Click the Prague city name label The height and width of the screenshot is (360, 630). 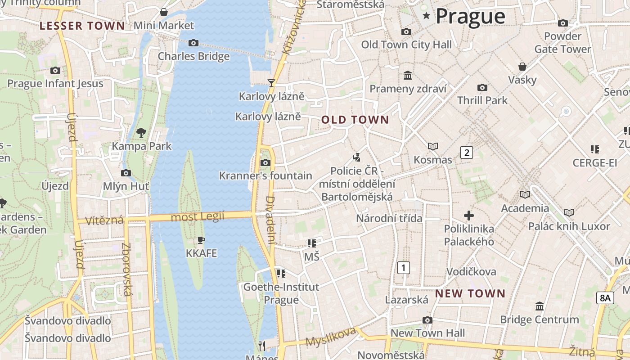coord(470,16)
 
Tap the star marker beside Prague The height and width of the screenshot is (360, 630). coord(426,16)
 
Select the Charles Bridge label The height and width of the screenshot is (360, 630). coord(193,56)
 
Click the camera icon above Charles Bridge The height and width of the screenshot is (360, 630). coord(193,43)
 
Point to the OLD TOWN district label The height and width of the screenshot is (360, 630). coord(355,120)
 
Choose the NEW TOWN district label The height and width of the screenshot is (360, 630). coord(470,294)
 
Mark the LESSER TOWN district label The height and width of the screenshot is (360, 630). coord(82,26)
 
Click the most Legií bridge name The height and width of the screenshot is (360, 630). coord(198,217)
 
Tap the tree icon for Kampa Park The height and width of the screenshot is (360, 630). coord(141,132)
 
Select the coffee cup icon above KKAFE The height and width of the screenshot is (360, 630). coord(201,240)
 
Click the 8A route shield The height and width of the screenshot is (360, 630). coord(605,297)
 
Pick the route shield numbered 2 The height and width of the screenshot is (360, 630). coord(467,153)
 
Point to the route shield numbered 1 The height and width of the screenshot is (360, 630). coord(404,268)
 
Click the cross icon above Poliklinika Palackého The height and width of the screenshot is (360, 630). coord(469,216)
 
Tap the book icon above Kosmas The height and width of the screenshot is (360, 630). coord(432,146)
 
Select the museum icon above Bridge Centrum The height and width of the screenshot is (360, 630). coord(539,306)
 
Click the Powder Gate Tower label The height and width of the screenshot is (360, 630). coord(562,42)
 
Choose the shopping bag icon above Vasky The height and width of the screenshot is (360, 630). coord(522,67)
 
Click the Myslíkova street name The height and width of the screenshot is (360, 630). coord(331,337)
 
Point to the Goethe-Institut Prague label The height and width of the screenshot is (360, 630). coord(281,293)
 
